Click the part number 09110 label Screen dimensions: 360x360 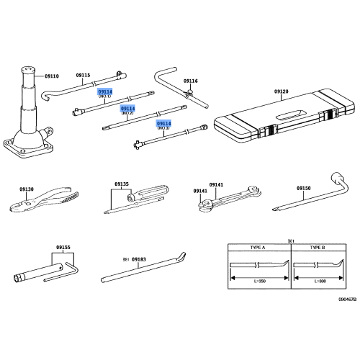pyautogui.click(x=53, y=76)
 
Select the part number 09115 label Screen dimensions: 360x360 pyautogui.click(x=83, y=76)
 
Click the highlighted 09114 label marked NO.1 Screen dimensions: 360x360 pyautogui.click(x=105, y=92)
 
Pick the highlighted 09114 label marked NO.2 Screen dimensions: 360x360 pyautogui.click(x=127, y=109)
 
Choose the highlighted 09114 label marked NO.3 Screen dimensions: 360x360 pyautogui.click(x=164, y=124)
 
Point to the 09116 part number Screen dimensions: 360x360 pyautogui.click(x=190, y=81)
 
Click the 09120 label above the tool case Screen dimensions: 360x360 pyautogui.click(x=281, y=92)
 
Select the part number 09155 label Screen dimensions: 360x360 pyautogui.click(x=64, y=246)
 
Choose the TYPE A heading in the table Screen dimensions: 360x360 pyautogui.click(x=258, y=246)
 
